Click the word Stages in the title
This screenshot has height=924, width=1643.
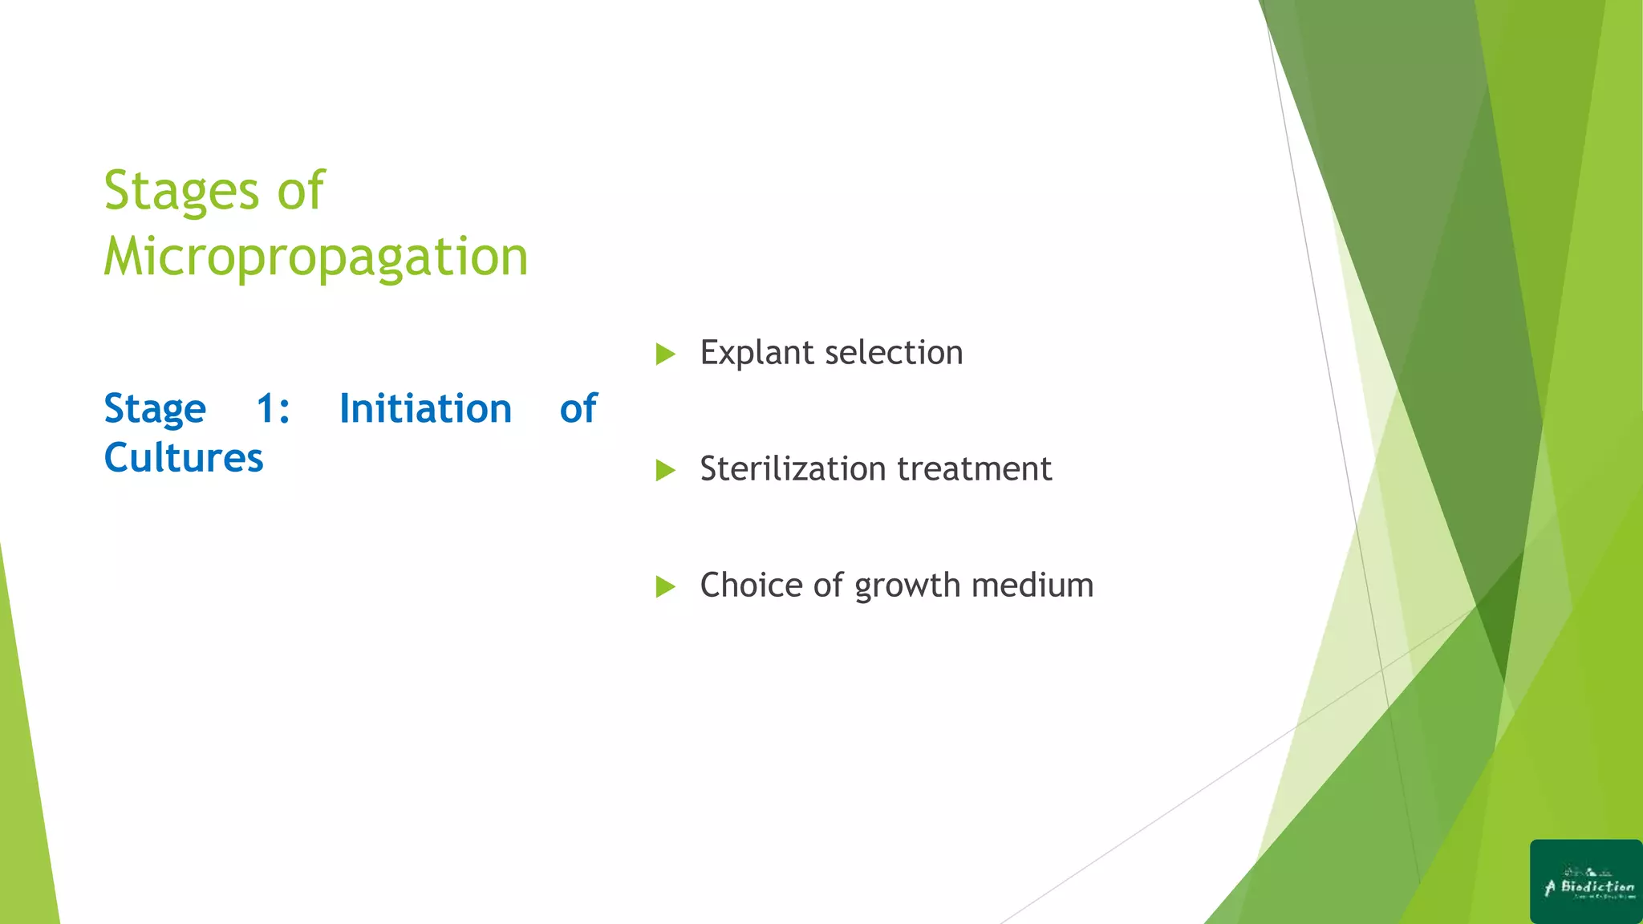click(x=181, y=192)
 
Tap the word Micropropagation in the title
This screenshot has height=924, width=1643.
click(x=316, y=257)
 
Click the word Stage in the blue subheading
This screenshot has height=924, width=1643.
click(x=155, y=410)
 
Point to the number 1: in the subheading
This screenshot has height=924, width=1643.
click(x=273, y=408)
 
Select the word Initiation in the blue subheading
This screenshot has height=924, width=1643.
click(x=425, y=408)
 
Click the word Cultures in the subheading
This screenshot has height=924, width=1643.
click(x=184, y=458)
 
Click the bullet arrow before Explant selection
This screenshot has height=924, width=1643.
click(x=665, y=354)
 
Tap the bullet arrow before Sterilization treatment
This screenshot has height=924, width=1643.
click(x=665, y=470)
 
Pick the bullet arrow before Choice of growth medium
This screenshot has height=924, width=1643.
click(x=665, y=586)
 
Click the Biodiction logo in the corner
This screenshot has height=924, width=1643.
click(x=1586, y=881)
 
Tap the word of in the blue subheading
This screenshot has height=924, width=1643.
click(x=578, y=408)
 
